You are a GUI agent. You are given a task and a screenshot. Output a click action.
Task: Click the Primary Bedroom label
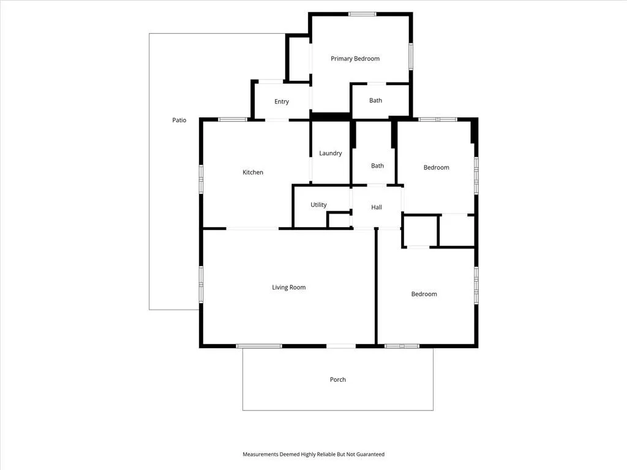point(355,59)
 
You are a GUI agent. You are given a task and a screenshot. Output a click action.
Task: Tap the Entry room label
point(282,102)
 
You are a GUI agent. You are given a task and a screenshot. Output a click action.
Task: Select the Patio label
point(179,120)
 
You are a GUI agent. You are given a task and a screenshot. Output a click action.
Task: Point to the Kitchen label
point(253,172)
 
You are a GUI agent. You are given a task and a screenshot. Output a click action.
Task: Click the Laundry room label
point(330,153)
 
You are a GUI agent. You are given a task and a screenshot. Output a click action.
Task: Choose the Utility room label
point(318,204)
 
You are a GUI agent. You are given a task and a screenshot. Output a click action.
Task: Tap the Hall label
point(377,207)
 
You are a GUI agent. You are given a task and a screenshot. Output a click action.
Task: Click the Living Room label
point(289,288)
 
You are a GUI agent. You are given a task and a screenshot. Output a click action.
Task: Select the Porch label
point(338,379)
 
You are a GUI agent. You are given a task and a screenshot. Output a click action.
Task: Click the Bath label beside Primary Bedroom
point(375,100)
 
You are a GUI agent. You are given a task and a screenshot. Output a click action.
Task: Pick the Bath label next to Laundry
point(377,165)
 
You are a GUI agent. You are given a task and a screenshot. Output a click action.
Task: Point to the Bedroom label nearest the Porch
point(424,294)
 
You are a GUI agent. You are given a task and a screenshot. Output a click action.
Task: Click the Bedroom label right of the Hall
point(436,168)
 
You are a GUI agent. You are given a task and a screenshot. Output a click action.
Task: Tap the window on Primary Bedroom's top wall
point(362,14)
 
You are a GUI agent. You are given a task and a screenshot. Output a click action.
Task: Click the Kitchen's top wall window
point(232,119)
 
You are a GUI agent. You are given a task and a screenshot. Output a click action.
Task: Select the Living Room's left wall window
point(201,284)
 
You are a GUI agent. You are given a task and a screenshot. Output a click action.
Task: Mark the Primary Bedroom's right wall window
point(411,57)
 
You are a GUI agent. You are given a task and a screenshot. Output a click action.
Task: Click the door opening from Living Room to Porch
point(340,346)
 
